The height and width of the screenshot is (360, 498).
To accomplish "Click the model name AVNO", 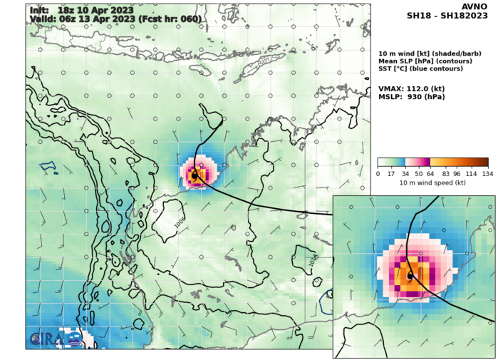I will [474, 6].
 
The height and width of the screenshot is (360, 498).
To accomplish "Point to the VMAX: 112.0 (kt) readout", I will [410, 88].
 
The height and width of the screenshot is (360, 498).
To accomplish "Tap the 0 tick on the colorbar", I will [378, 174].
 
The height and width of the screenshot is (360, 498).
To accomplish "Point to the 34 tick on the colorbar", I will [405, 174].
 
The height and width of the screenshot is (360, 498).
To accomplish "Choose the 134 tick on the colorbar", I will [487, 174].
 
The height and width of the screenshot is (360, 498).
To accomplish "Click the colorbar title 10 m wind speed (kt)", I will [432, 183].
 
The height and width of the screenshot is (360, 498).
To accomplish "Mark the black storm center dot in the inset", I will [410, 275].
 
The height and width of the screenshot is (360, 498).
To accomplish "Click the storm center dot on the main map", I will [194, 174].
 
